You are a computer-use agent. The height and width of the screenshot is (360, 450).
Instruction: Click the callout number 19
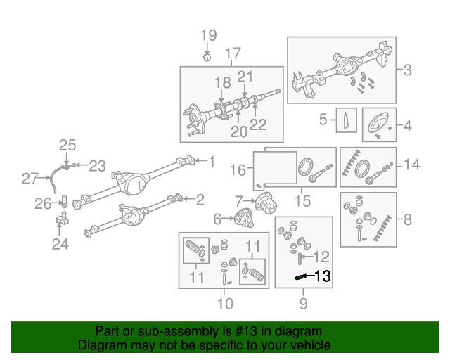209,36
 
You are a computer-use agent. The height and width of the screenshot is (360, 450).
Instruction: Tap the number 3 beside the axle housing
408,70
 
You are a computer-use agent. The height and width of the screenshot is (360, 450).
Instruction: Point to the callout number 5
324,120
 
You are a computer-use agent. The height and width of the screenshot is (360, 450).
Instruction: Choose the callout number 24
57,244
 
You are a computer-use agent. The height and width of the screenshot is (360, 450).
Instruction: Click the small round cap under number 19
207,56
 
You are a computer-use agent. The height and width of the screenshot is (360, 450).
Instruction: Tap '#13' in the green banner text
212,331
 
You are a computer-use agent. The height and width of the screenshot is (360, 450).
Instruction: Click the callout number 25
67,146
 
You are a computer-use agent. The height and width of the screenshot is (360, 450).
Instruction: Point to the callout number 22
259,125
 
